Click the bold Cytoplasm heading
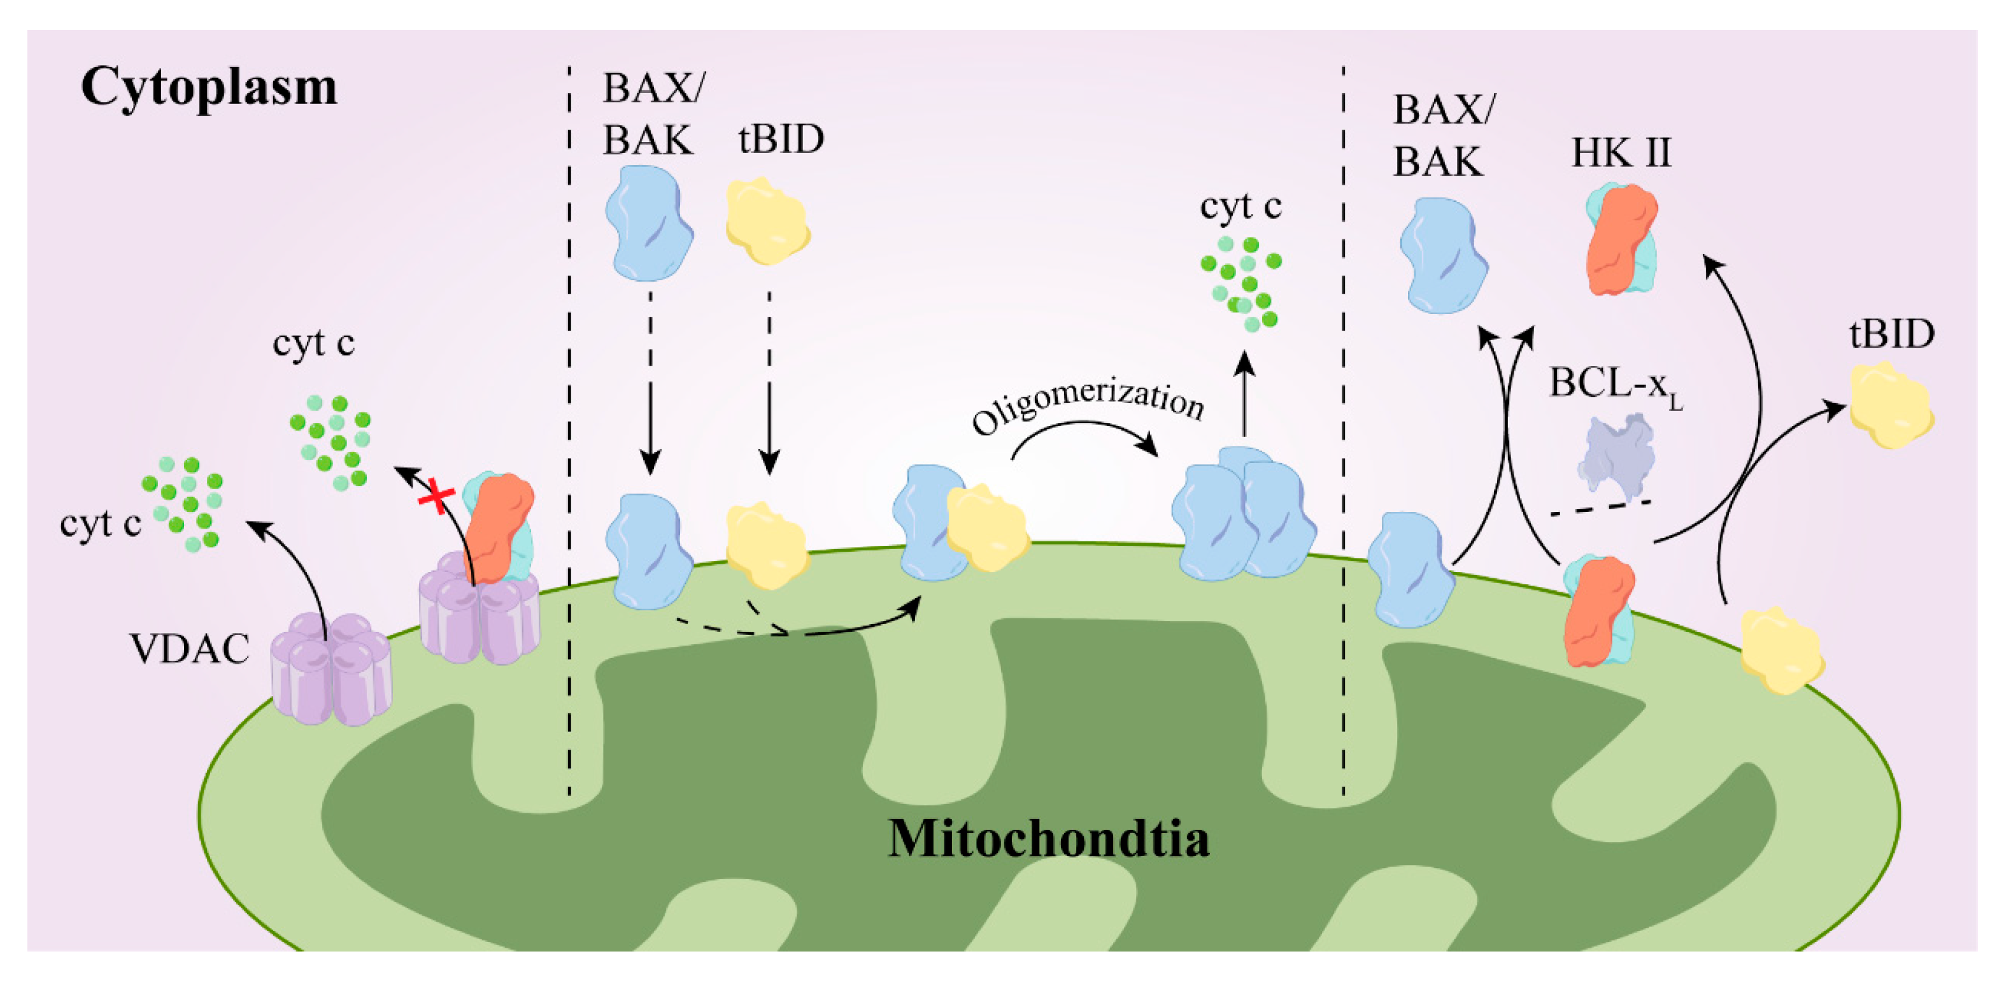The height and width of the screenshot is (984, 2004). [208, 87]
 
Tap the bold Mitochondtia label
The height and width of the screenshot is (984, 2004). [1048, 839]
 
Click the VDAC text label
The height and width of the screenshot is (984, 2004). [189, 649]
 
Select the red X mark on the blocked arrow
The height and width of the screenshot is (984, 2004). [436, 496]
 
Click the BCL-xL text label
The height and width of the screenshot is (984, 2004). [1615, 384]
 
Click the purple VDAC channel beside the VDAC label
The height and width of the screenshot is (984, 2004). [330, 669]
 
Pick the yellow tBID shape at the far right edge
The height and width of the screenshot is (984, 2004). [1891, 404]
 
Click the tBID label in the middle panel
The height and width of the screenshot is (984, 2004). [780, 140]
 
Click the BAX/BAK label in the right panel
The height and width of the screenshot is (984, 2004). [1442, 136]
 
